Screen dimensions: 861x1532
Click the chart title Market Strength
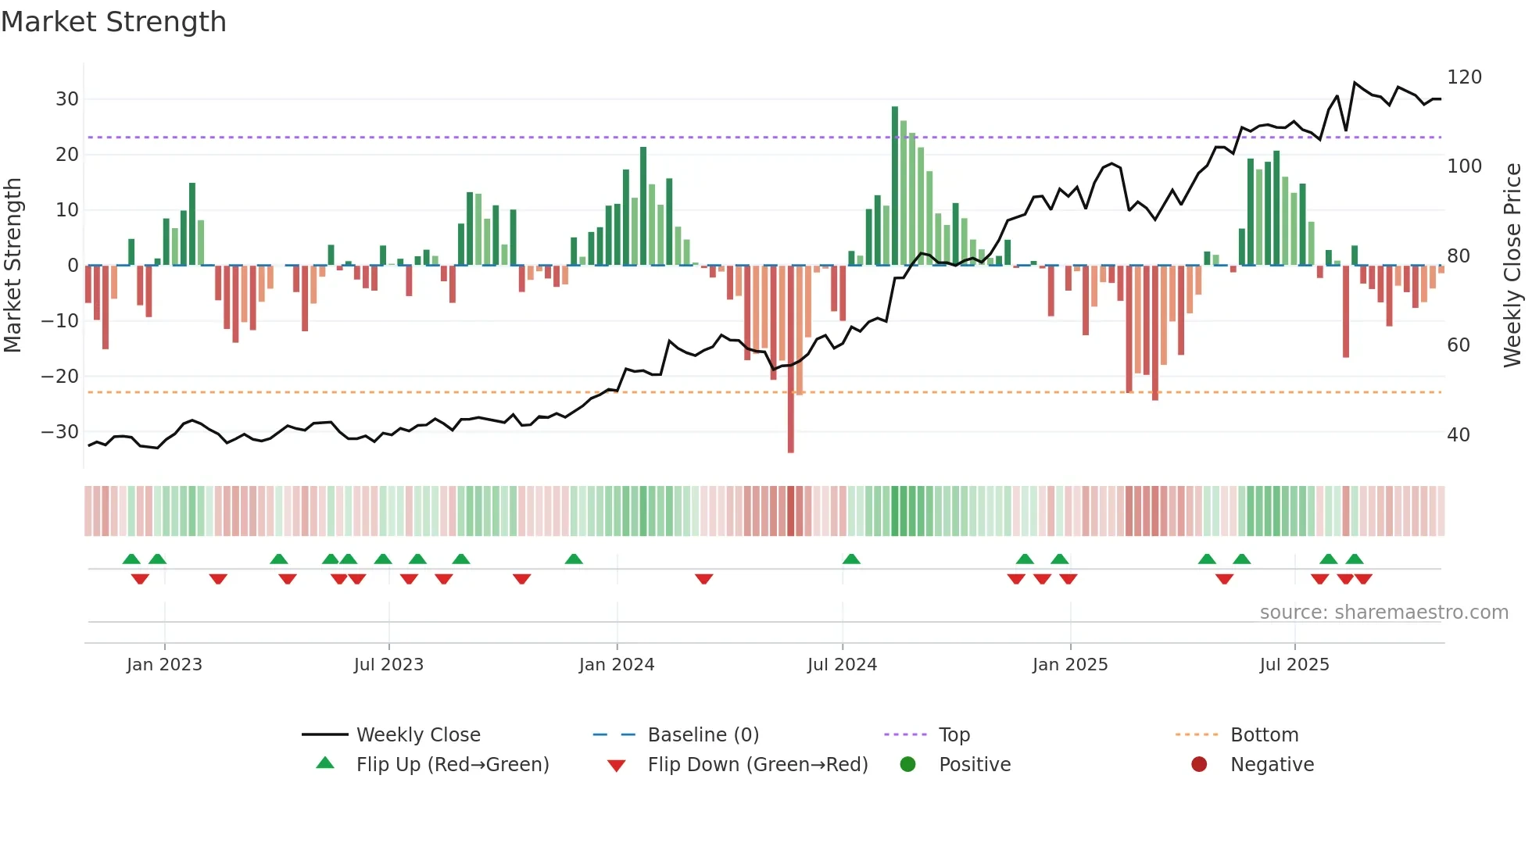113,22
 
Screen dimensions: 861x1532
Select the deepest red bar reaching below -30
790,359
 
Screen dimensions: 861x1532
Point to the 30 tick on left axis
67,99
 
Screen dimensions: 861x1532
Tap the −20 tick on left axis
61,377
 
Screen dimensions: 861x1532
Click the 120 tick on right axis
1464,77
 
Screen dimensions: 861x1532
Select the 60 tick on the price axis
1459,345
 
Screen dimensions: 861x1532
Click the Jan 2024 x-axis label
617,665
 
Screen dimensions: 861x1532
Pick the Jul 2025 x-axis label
1294,665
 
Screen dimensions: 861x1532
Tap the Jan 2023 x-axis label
164,665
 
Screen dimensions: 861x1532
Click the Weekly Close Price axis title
1512,266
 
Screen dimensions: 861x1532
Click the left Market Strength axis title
13,266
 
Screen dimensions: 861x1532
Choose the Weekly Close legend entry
418,735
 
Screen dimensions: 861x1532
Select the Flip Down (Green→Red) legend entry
757,765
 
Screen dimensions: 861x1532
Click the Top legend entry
954,735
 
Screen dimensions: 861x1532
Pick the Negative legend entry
1272,765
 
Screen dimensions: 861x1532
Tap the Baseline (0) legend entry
703,735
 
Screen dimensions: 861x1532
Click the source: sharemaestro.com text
1383,613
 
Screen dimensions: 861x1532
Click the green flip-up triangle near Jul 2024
851,559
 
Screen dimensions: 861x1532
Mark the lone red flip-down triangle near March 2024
703,579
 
